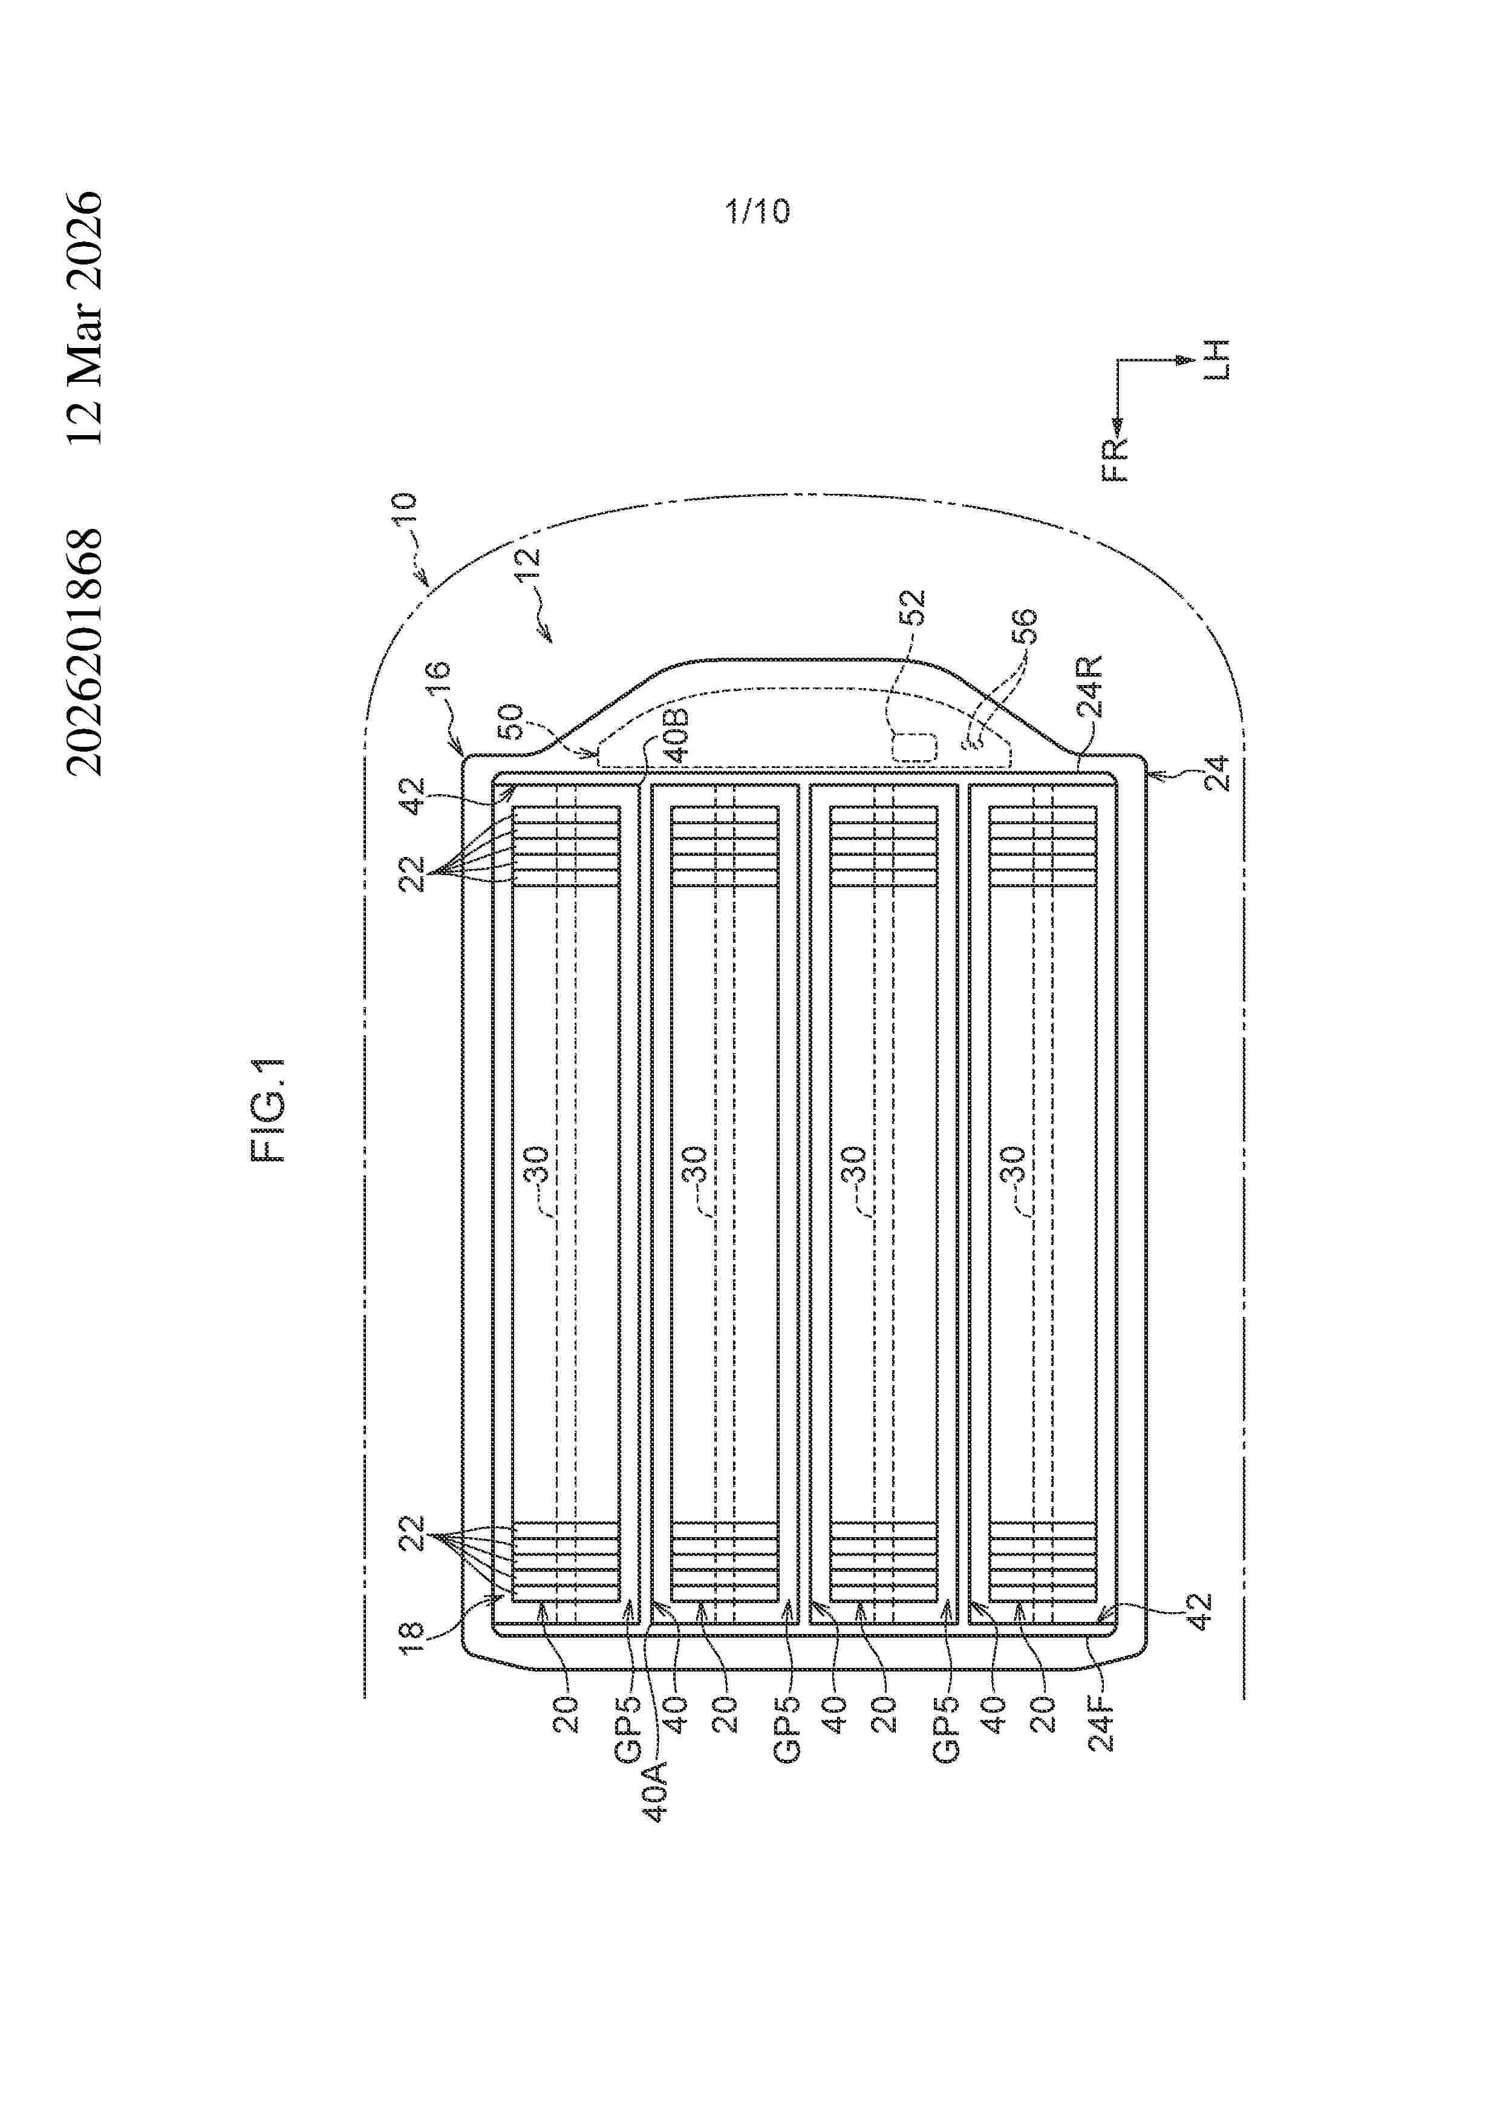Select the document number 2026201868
85,652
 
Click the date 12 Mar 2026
85,318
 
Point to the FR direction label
1117,459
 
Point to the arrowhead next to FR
1117,424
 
